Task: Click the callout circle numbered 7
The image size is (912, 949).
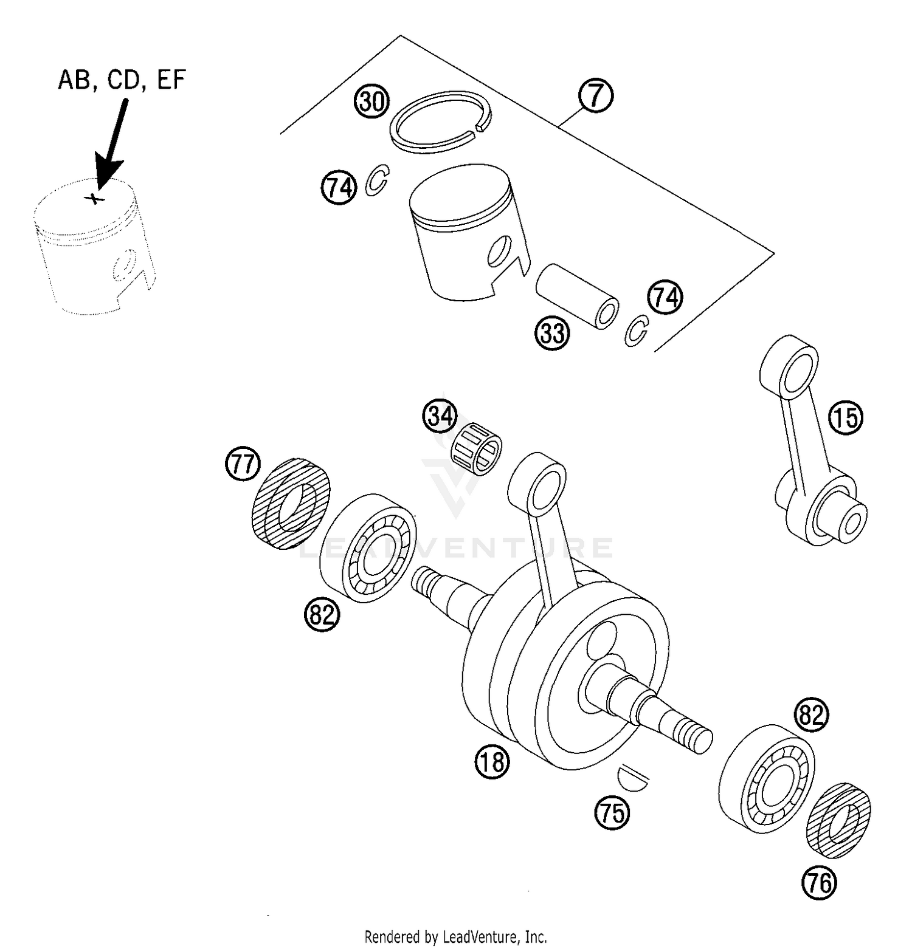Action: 596,95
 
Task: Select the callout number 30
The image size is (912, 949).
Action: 371,101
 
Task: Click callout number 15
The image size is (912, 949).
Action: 846,418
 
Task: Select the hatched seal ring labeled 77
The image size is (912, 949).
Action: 290,504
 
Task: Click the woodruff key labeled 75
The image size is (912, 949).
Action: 632,778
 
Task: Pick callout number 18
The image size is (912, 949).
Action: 492,762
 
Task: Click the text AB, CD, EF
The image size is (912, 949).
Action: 122,80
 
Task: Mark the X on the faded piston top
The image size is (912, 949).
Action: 94,197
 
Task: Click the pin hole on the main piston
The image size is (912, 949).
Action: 500,252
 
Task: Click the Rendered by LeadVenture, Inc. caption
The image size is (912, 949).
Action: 455,936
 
